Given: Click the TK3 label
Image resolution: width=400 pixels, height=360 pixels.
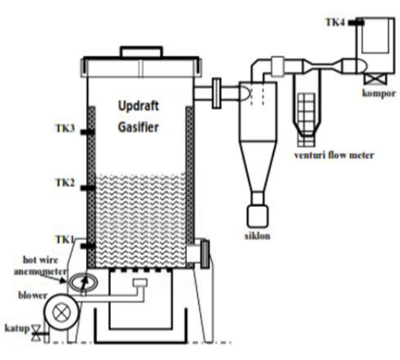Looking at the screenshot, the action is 65,128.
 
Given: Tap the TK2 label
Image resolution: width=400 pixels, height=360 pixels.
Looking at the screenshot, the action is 65,183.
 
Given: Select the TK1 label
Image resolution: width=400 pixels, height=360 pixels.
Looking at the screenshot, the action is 65,240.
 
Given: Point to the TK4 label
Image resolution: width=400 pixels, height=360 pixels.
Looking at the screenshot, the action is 335,22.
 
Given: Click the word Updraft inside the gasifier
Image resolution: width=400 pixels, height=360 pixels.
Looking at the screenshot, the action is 139,106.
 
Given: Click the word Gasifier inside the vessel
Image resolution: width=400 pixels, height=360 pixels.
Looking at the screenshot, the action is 138,127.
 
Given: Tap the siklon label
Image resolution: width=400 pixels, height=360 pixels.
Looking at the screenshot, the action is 257,236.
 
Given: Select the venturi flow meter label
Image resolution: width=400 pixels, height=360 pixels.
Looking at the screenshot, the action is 334,155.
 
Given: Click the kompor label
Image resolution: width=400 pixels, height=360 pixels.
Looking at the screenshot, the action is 379,94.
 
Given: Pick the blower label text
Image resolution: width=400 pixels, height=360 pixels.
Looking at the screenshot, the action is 33,295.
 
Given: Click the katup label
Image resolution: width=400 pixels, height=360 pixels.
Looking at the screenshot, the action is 17,328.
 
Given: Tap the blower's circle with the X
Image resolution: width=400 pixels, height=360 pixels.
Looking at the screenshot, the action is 61,312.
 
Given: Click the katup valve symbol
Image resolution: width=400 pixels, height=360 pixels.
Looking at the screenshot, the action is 36,333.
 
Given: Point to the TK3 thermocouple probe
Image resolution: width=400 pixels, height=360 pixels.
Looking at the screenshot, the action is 88,132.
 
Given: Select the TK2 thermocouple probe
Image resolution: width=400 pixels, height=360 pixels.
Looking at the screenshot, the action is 88,188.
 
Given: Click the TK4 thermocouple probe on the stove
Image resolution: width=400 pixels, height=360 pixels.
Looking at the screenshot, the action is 356,22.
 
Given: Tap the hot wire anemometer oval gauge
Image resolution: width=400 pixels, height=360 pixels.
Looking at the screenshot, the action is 84,282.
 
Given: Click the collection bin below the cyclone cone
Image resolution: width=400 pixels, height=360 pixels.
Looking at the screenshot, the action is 258,216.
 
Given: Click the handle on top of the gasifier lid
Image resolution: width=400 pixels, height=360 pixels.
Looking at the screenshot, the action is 141,52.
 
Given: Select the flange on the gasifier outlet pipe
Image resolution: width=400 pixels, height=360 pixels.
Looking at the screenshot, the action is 217,94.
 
